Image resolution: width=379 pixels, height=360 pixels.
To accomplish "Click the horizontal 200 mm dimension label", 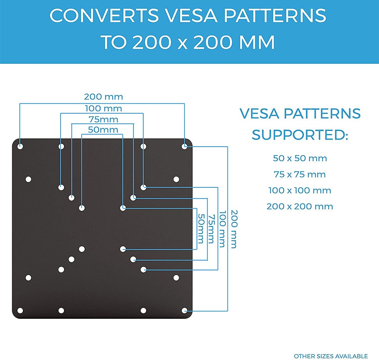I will click(103, 97).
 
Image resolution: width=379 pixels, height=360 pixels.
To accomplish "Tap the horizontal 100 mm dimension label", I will click(103, 109).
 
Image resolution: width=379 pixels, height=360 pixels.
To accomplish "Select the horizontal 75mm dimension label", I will click(103, 119).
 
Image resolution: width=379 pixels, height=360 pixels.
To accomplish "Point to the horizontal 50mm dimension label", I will click(103, 130).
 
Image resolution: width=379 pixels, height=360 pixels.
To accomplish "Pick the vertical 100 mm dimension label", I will click(222, 229).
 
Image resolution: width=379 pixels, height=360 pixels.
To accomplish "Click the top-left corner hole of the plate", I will click(20, 146).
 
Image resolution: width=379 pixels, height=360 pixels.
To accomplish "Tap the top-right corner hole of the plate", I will click(185, 146).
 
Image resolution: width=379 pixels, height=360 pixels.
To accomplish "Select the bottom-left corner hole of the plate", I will click(20, 310).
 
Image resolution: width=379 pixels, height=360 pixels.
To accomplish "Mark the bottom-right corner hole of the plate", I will click(185, 310).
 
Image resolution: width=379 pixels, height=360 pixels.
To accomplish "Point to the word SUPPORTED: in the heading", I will click(300, 134).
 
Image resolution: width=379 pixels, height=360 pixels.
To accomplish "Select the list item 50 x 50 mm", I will click(300, 158).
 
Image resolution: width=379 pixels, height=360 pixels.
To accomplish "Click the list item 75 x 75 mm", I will click(300, 175).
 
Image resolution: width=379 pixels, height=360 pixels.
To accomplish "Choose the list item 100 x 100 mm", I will click(300, 190).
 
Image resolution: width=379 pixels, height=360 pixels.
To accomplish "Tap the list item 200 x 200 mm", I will click(300, 206).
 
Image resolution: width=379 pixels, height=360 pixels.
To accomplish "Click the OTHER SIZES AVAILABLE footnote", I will click(330, 356).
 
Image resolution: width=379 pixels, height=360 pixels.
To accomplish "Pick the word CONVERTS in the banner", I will click(104, 15).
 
